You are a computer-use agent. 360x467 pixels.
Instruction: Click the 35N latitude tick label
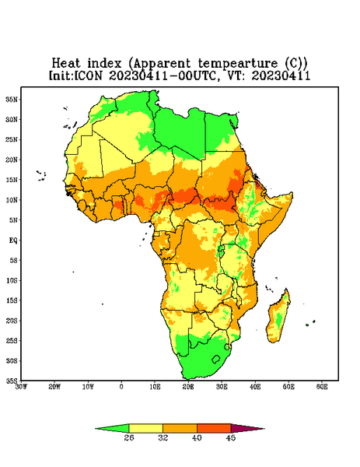tap(12, 99)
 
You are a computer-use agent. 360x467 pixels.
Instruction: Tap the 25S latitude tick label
tap(12, 340)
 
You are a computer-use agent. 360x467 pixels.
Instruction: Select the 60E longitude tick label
tap(322, 387)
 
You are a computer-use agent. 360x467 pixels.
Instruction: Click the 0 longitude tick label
tap(121, 387)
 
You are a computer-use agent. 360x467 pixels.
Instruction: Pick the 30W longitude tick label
tap(22, 387)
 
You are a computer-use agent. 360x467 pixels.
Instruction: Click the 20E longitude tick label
tap(188, 387)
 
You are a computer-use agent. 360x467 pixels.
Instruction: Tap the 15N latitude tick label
tap(12, 180)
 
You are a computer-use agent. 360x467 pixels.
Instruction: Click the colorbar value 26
tap(129, 437)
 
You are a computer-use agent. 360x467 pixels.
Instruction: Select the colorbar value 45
tap(231, 437)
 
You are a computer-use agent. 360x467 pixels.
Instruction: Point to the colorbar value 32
tap(163, 437)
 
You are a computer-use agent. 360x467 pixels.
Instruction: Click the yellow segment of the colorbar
tap(145, 428)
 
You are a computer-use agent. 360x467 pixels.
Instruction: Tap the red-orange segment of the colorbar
tap(214, 428)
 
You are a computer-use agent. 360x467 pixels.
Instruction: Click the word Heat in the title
tap(66, 63)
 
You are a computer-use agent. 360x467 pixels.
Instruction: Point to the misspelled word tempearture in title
tap(238, 64)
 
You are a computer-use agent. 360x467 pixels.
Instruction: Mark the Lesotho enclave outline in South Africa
tap(216, 359)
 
